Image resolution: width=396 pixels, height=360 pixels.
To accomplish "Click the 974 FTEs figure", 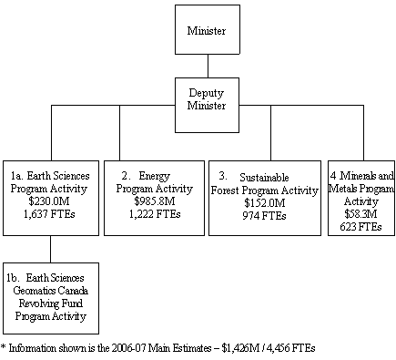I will pyautogui.click(x=271, y=215).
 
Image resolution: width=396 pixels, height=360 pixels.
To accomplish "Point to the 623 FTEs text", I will pyautogui.click(x=361, y=227).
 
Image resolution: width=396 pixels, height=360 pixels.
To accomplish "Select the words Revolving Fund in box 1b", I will pyautogui.click(x=50, y=303).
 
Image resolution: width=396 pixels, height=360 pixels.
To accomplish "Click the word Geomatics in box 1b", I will pyautogui.click(x=35, y=292).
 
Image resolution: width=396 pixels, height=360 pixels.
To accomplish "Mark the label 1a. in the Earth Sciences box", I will pyautogui.click(x=18, y=175).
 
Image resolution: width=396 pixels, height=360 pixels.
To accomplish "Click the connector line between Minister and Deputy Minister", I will pyautogui.click(x=208, y=66).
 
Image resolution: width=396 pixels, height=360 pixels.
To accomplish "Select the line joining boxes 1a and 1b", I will pyautogui.click(x=50, y=249).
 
